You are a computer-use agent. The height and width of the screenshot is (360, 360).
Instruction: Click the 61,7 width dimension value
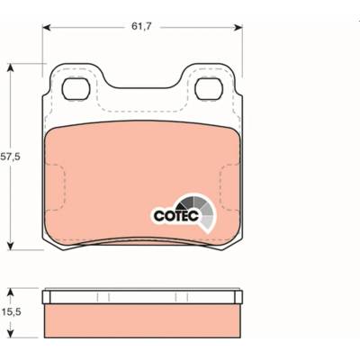[x=142, y=27]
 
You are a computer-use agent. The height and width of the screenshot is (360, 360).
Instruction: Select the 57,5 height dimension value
[x=10, y=157]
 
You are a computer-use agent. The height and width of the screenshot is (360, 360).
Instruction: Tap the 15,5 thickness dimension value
[x=11, y=312]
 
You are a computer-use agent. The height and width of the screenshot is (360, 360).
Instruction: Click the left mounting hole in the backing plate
[x=76, y=88]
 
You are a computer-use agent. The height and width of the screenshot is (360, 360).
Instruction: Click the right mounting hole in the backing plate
[x=209, y=88]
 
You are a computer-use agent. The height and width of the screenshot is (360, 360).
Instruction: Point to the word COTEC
[x=176, y=215]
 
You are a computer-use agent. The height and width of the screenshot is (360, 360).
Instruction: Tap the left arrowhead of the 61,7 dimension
[x=46, y=28]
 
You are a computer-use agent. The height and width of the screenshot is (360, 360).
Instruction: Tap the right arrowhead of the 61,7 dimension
[x=238, y=28]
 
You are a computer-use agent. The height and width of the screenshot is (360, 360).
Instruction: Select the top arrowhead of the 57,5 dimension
[x=11, y=67]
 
